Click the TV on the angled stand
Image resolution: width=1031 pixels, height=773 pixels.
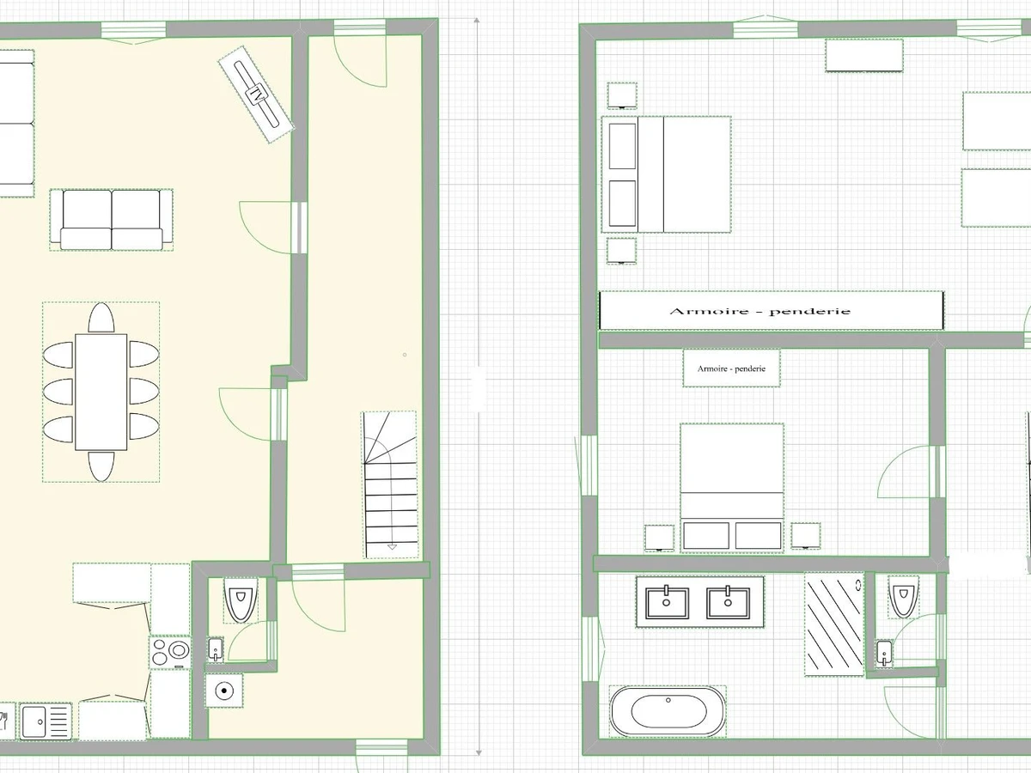pos(256,94)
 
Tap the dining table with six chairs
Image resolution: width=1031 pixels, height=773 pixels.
pos(101,392)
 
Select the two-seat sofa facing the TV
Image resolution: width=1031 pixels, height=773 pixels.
pos(112,220)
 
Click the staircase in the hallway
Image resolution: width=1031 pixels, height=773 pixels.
pos(390,484)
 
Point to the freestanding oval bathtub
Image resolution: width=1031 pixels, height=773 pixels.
pos(668,711)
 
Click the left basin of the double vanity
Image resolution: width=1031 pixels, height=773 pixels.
pos(667,602)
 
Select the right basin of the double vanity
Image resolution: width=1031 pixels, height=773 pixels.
pos(728,602)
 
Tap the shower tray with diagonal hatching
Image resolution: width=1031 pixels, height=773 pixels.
pos(834,624)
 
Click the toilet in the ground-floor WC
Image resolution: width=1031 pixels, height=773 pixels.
pos(241,600)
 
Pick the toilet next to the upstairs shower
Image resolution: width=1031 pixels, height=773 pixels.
pos(904,597)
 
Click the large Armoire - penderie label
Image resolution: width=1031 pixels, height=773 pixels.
pos(760,311)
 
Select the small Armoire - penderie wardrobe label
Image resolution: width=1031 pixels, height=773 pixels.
pos(731,369)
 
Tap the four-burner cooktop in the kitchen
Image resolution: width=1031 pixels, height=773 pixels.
pos(170,652)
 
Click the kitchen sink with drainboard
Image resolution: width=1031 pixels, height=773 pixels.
pos(46,721)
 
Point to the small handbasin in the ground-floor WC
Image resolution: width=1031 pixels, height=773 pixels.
pos(216,649)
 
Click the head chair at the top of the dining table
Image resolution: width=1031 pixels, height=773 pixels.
pos(101,318)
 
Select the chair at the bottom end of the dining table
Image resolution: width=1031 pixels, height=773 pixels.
pos(101,466)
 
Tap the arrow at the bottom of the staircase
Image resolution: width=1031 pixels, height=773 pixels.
pos(392,547)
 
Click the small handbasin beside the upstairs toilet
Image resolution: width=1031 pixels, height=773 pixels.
pos(884,654)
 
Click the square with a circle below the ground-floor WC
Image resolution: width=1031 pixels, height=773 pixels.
pos(224,691)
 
